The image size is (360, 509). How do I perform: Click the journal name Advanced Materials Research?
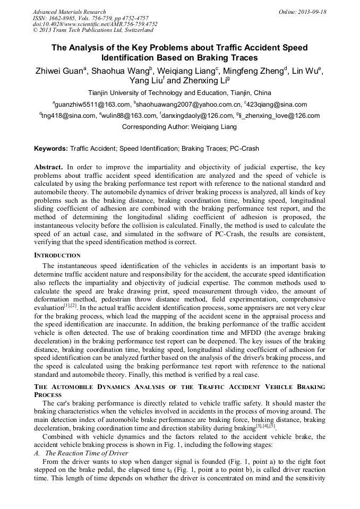(69, 12)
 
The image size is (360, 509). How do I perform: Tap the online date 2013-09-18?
(302, 12)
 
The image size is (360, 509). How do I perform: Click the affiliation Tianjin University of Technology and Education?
(179, 92)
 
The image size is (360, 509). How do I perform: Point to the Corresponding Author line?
(179, 127)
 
